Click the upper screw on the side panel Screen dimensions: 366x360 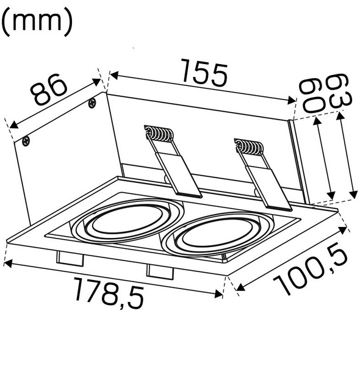92,102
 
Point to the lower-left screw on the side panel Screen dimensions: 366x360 26,142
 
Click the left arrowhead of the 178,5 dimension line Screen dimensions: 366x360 6,264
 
